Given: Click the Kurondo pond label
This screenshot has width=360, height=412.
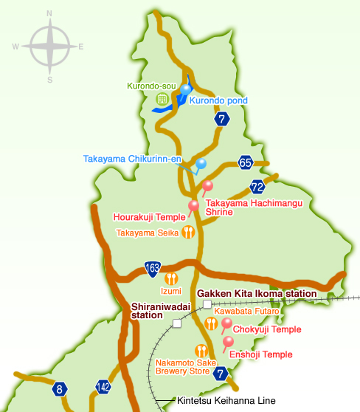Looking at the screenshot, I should [218, 100].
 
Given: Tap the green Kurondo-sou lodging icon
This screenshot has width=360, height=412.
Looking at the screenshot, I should [162, 98].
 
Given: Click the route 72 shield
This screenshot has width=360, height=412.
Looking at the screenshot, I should [257, 186].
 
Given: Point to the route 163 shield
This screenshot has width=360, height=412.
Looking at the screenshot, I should [153, 267].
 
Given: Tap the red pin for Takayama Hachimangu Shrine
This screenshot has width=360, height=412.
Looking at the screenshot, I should [207, 186].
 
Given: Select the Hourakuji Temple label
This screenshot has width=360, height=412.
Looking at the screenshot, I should [149, 217].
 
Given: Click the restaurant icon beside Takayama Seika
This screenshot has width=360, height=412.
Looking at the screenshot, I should [188, 232].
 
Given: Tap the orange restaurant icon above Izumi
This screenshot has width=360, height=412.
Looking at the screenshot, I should [171, 278].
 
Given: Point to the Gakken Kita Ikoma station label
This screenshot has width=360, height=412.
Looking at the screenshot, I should [257, 294].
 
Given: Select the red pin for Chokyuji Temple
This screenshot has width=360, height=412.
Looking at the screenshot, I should [226, 323].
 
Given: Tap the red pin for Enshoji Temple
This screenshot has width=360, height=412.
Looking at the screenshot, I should [229, 342].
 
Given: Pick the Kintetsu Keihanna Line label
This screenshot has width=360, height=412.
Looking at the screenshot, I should [226, 401].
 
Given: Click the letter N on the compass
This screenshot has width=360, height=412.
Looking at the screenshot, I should [49, 14].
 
